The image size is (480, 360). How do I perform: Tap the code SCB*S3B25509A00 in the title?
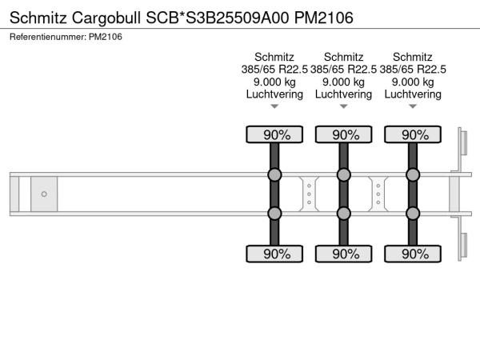[x=218, y=18]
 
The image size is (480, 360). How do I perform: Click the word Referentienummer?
[x=48, y=37]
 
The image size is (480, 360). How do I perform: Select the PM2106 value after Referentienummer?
[x=106, y=37]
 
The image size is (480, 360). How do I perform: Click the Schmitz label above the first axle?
[x=274, y=57]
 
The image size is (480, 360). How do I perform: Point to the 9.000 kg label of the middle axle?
[x=343, y=82]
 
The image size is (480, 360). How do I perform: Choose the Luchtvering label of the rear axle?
[x=413, y=94]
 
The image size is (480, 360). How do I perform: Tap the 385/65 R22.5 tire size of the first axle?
[x=274, y=70]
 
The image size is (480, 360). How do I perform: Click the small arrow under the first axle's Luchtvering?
[x=274, y=106]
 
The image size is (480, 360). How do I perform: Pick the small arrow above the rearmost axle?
[x=413, y=106]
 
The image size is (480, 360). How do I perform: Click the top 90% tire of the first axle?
[x=274, y=134]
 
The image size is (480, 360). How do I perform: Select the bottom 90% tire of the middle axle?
[x=343, y=254]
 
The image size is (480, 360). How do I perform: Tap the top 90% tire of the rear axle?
[x=413, y=134]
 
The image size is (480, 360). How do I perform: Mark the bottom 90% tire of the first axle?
[x=274, y=254]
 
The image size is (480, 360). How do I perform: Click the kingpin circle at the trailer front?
[x=44, y=194]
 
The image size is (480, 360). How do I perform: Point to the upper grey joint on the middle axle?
[x=343, y=174]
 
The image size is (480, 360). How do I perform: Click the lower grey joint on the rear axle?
[x=413, y=214]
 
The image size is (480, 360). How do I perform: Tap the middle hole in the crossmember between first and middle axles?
[x=309, y=194]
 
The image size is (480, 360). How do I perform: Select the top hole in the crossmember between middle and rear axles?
[x=378, y=186]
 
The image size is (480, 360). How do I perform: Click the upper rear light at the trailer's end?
[x=463, y=142]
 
